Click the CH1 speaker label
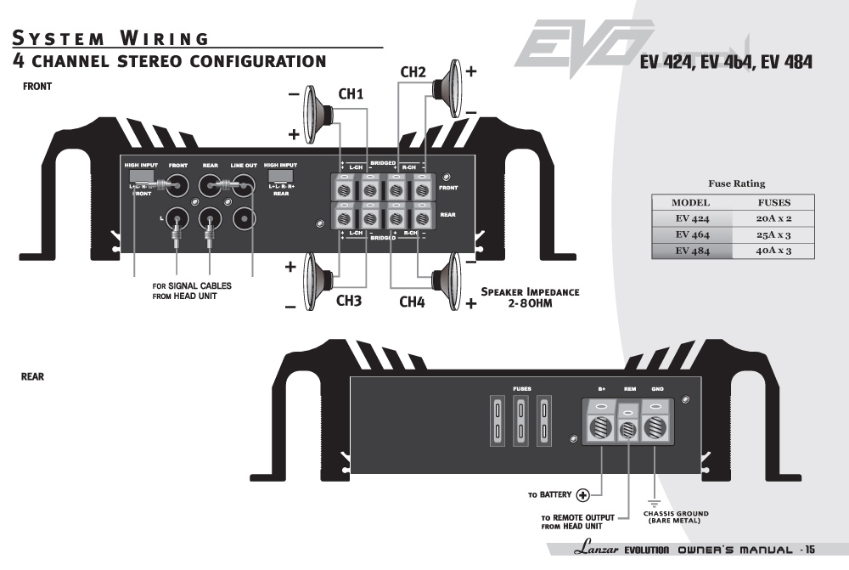351,94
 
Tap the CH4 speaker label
412,301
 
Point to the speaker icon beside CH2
447,85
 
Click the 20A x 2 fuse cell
773,218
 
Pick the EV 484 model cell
692,251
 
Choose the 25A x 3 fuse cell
773,234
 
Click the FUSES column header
773,203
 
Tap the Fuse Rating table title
736,183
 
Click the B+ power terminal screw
601,426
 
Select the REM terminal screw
628,430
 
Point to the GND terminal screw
655,426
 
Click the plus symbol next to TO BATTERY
583,495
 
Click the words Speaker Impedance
530,292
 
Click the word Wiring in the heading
165,38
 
